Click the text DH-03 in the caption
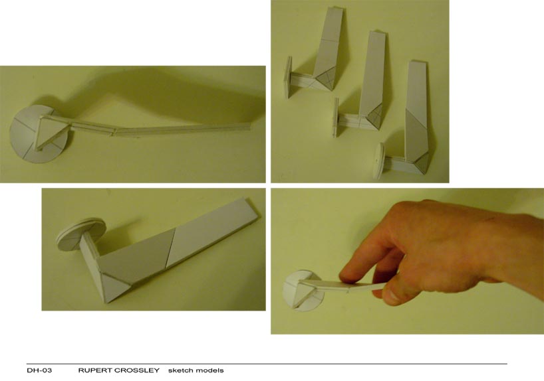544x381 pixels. pos(35,370)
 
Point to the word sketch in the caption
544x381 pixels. pos(178,370)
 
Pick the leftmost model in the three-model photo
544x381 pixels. pos(319,63)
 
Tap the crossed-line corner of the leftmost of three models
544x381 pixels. pos(325,83)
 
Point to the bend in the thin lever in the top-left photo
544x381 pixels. pos(114,130)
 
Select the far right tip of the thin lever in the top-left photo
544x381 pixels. pos(251,122)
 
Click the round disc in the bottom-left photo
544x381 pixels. pos(80,232)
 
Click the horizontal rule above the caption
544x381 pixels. pos(266,364)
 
